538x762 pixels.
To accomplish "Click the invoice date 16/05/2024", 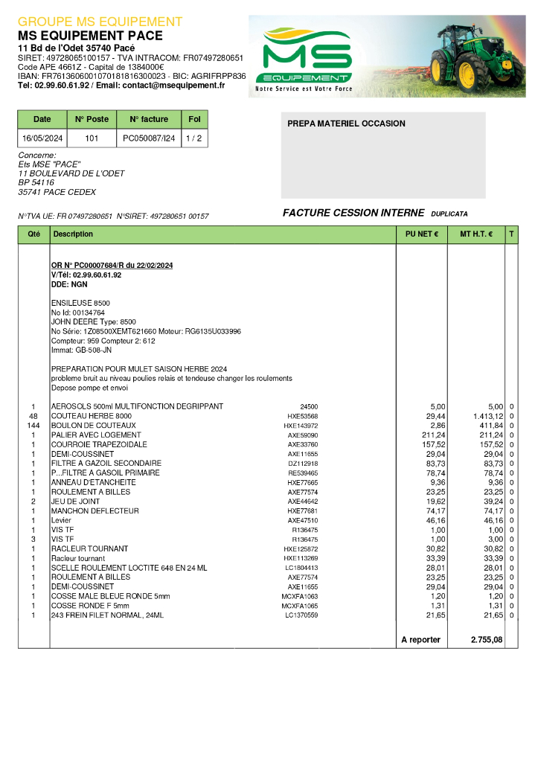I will (42, 138).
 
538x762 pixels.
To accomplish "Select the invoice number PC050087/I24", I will (149, 138).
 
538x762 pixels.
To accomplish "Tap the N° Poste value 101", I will (92, 138).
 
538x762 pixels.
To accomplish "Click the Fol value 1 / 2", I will (193, 138).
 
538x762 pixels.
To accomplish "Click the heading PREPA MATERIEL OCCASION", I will (346, 124).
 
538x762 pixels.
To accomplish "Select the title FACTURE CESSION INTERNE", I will (353, 213).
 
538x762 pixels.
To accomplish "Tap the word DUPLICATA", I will (449, 214).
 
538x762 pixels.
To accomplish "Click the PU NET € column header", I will (421, 234).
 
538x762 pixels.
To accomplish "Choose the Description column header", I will (74, 234).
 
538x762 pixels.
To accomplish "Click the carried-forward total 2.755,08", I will (487, 640).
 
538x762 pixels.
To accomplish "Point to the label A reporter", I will (420, 640).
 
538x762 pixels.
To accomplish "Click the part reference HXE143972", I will (301, 426).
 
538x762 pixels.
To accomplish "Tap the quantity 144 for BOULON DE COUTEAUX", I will (33, 425).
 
